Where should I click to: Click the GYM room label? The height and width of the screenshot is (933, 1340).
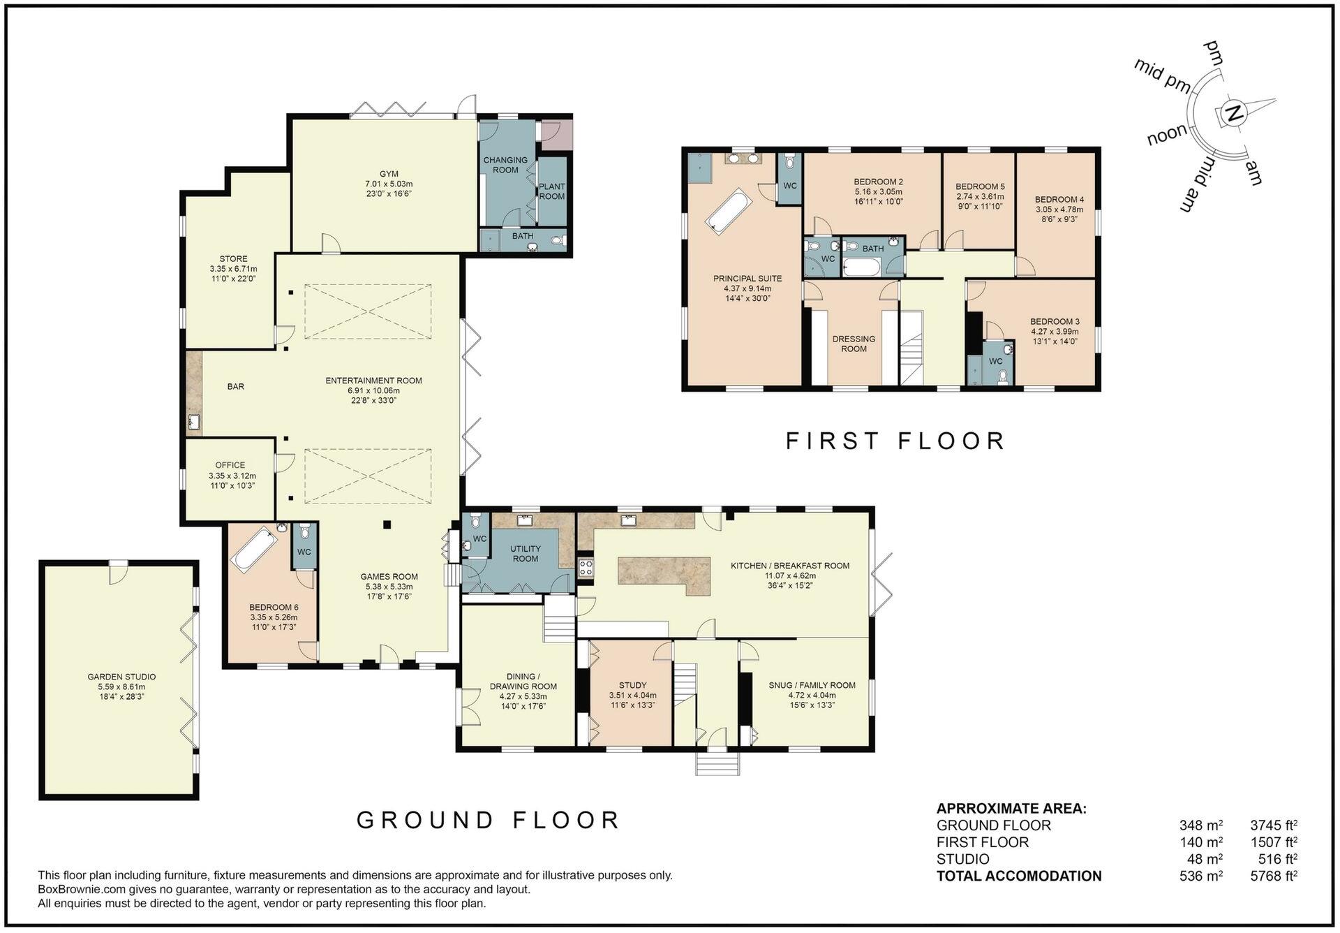389,174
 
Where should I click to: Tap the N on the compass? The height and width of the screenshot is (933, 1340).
1234,114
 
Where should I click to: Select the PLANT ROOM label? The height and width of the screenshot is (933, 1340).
551,191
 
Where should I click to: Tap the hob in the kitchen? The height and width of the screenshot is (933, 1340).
586,568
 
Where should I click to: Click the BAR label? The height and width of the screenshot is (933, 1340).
236,386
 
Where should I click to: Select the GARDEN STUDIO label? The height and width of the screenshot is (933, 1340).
121,677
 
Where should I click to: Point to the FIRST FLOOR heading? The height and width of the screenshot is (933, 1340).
895,441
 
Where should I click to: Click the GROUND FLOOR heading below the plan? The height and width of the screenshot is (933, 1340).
488,820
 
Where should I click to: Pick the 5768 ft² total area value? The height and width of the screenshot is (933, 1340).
1274,876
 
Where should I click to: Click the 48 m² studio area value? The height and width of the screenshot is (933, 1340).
1206,859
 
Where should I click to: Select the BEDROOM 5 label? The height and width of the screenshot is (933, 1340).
980,186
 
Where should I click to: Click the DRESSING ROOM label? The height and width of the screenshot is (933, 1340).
854,344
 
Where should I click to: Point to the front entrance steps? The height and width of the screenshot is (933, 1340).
717,763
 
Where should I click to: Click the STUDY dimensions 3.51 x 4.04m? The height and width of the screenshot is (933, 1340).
632,696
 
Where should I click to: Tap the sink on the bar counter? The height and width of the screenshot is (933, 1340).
194,422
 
